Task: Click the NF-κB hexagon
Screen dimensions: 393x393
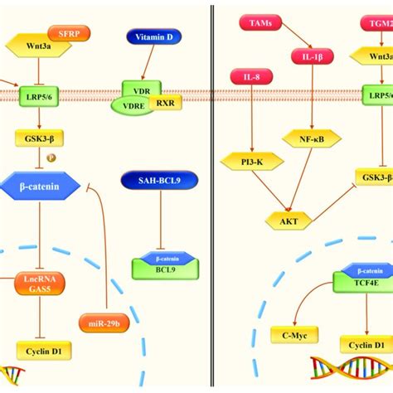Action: point(306,138)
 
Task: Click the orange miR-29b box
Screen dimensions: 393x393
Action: point(104,322)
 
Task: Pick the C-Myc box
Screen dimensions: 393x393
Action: point(294,335)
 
